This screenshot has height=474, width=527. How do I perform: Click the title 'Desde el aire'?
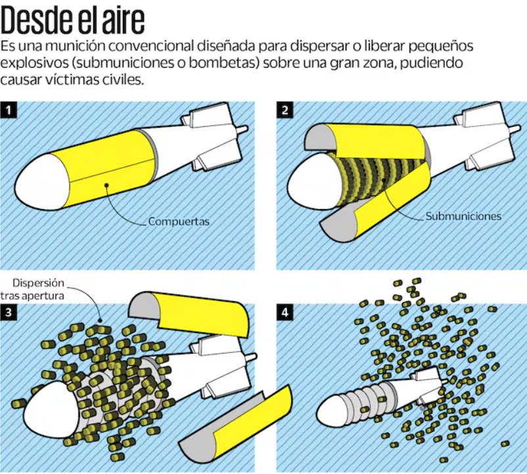click(72, 20)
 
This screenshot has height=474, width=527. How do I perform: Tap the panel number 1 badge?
click(9, 110)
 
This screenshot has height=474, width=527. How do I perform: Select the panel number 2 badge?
click(285, 110)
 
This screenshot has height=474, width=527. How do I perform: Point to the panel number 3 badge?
click(9, 312)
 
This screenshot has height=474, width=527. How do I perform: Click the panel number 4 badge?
click(285, 312)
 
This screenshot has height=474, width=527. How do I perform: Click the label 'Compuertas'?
click(179, 222)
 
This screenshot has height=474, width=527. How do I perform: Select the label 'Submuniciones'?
click(463, 216)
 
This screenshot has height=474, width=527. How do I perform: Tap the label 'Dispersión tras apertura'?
click(32, 289)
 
